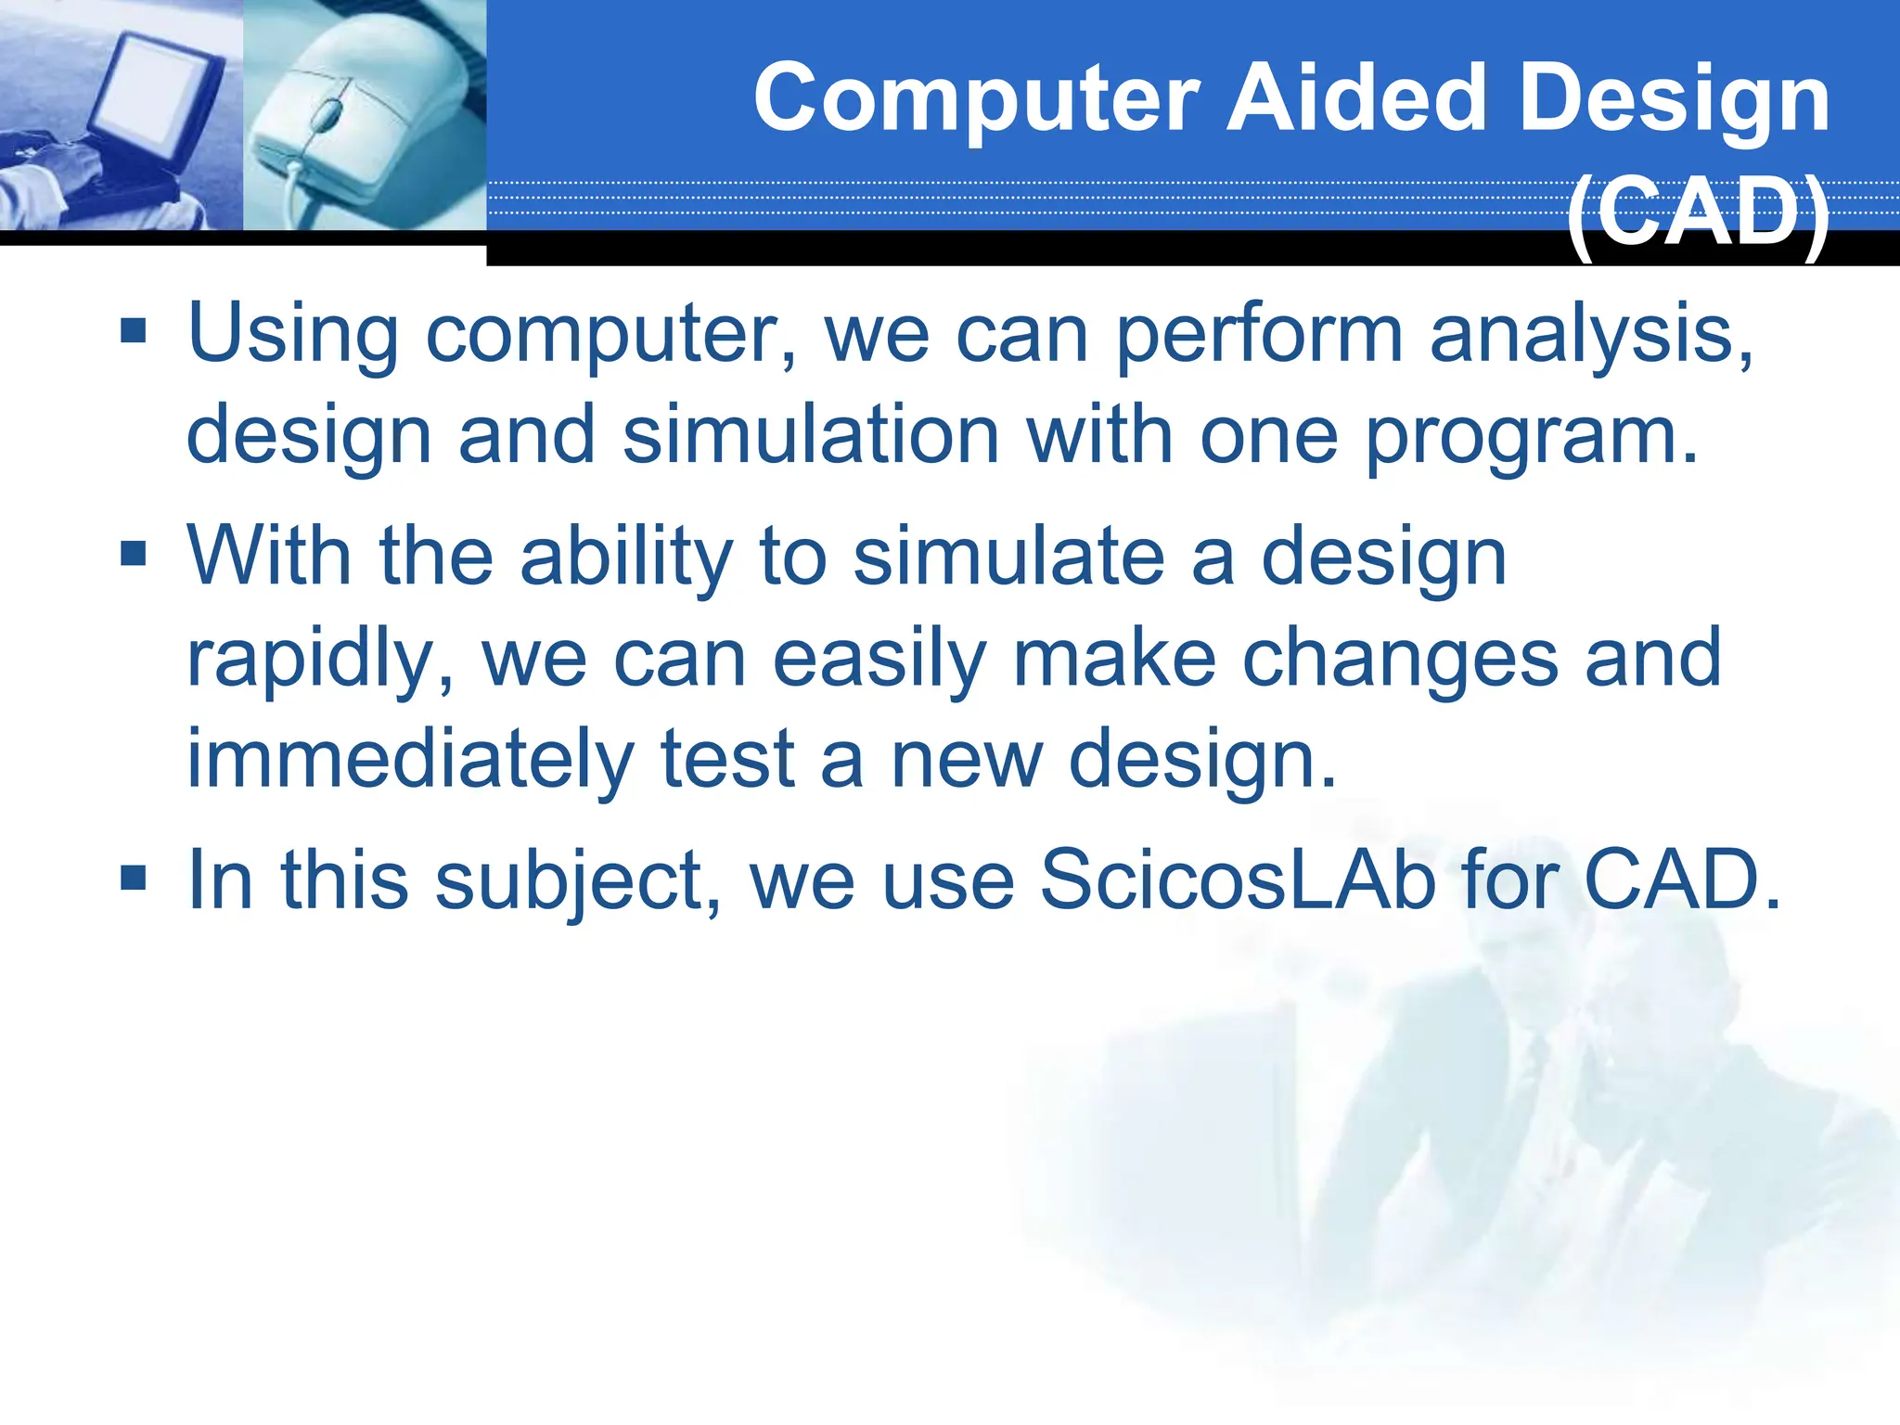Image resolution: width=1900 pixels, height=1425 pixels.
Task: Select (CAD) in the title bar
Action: [x=1698, y=213]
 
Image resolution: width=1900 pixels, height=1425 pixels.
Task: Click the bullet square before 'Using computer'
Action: [x=134, y=329]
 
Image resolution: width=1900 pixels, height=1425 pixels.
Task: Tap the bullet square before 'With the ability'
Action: [x=134, y=554]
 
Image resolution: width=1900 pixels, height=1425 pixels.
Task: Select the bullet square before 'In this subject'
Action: [x=134, y=877]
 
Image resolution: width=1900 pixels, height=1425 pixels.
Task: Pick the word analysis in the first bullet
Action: [x=1590, y=336]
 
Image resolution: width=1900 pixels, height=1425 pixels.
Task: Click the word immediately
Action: [x=410, y=761]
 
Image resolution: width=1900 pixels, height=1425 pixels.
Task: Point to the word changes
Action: [x=1399, y=661]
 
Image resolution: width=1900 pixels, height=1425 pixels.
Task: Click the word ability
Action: [x=626, y=558]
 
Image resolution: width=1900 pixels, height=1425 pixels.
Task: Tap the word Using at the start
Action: [x=293, y=336]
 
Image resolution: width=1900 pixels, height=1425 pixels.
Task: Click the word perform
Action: [x=1258, y=336]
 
